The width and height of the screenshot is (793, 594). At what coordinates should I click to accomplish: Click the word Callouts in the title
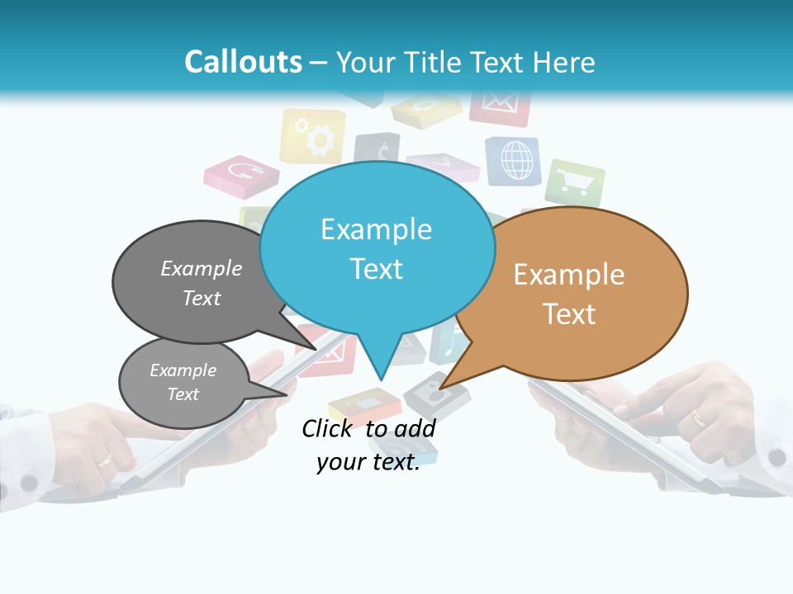(x=243, y=62)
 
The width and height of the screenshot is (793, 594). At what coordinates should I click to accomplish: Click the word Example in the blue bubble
(x=376, y=229)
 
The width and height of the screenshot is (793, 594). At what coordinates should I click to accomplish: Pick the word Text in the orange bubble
(x=569, y=314)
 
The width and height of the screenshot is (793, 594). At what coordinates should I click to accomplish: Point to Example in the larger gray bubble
(x=202, y=269)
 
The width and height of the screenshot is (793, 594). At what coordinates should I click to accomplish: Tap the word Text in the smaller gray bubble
(x=183, y=394)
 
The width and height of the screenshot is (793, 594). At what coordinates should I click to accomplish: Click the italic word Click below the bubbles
(x=330, y=428)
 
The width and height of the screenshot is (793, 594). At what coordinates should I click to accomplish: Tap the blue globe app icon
(x=512, y=160)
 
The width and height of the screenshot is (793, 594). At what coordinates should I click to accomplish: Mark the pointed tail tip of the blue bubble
(x=381, y=379)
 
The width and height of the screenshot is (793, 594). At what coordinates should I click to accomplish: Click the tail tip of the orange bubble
(x=440, y=389)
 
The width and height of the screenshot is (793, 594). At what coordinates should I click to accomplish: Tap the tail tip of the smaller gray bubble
(x=287, y=394)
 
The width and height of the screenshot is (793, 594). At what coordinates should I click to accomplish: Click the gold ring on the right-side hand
(x=699, y=418)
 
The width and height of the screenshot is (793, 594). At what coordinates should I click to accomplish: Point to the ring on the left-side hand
(x=106, y=460)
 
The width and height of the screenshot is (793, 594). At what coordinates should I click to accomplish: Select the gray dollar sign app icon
(x=378, y=151)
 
